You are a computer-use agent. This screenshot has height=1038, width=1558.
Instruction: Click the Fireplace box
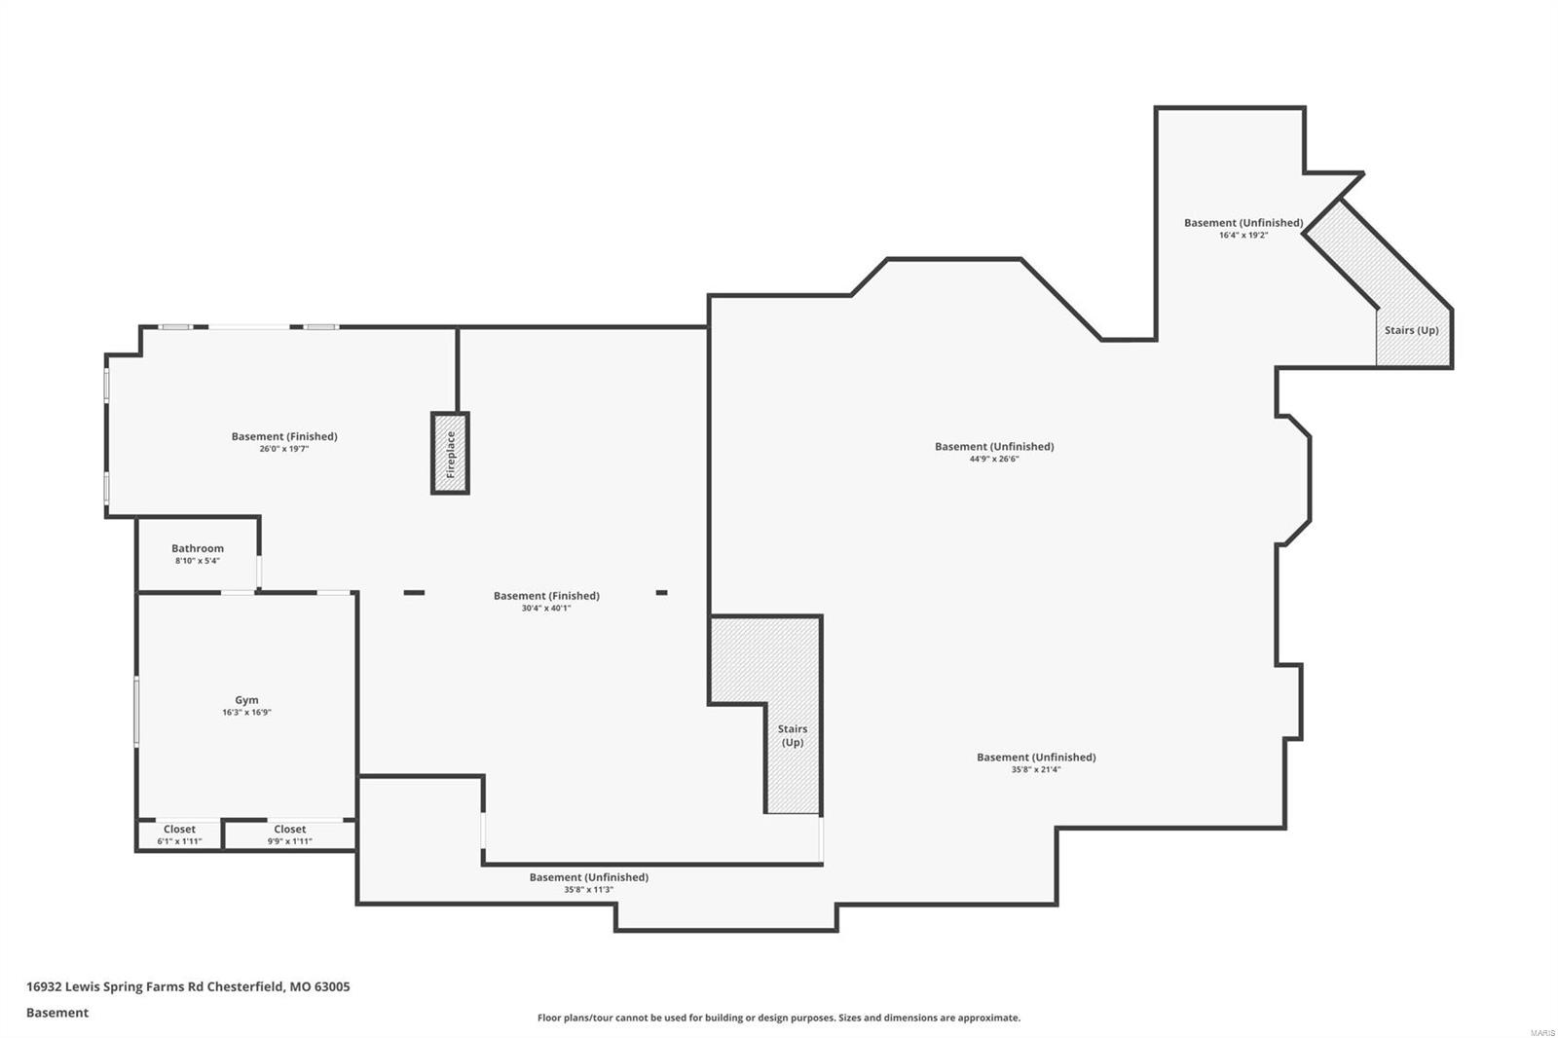coord(451,453)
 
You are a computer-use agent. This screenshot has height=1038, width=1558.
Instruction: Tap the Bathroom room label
coord(198,548)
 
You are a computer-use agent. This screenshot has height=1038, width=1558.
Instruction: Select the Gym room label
coord(246,699)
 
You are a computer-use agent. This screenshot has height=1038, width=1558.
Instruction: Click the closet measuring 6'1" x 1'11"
coord(179,834)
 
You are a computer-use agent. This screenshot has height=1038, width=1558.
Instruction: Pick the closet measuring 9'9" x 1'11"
coord(289,834)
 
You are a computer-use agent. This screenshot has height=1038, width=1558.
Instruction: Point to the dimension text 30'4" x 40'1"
coord(545,609)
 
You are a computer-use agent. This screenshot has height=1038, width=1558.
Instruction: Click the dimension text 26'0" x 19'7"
coord(283,449)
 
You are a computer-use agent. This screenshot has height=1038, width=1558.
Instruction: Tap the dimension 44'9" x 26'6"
coord(993,459)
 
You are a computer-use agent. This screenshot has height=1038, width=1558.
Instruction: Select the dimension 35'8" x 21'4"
coord(1035,769)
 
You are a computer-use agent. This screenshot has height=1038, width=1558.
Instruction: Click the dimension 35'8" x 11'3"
coord(588,889)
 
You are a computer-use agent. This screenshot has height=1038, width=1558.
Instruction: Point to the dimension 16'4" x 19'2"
coord(1243,235)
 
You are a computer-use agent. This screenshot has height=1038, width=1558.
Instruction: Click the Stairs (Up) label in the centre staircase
coord(793,735)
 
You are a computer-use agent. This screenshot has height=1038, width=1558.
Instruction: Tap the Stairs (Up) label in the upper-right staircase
coord(1411,330)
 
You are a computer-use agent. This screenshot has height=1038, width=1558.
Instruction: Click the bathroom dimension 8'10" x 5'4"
coord(197,561)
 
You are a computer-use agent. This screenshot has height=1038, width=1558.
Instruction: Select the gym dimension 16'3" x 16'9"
coord(246,712)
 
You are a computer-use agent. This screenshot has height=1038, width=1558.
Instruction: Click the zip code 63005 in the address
coord(332,986)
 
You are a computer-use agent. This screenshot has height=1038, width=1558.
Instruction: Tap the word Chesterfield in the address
coord(245,986)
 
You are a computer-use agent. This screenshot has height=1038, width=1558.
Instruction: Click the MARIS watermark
coord(1541,1032)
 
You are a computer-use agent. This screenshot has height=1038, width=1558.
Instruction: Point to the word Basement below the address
coord(57,1013)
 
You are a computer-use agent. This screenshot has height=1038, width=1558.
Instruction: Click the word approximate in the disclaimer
coord(987,1018)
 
